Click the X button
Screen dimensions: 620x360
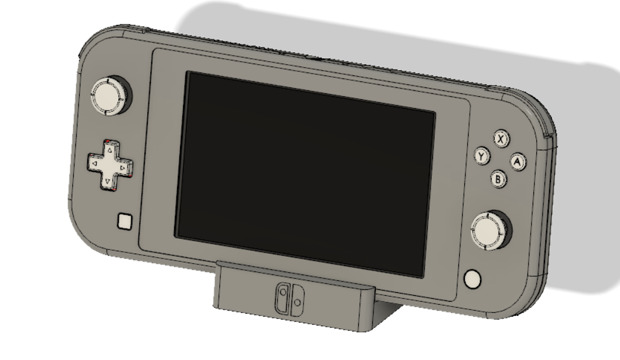click(501, 138)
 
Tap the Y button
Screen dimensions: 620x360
click(481, 156)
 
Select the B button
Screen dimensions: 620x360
click(498, 179)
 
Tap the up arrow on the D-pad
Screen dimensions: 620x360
click(110, 150)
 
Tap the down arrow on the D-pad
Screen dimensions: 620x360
click(107, 181)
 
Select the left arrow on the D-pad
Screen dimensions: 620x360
click(94, 163)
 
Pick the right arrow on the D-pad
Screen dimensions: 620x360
click(123, 168)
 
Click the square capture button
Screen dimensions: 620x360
click(125, 222)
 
